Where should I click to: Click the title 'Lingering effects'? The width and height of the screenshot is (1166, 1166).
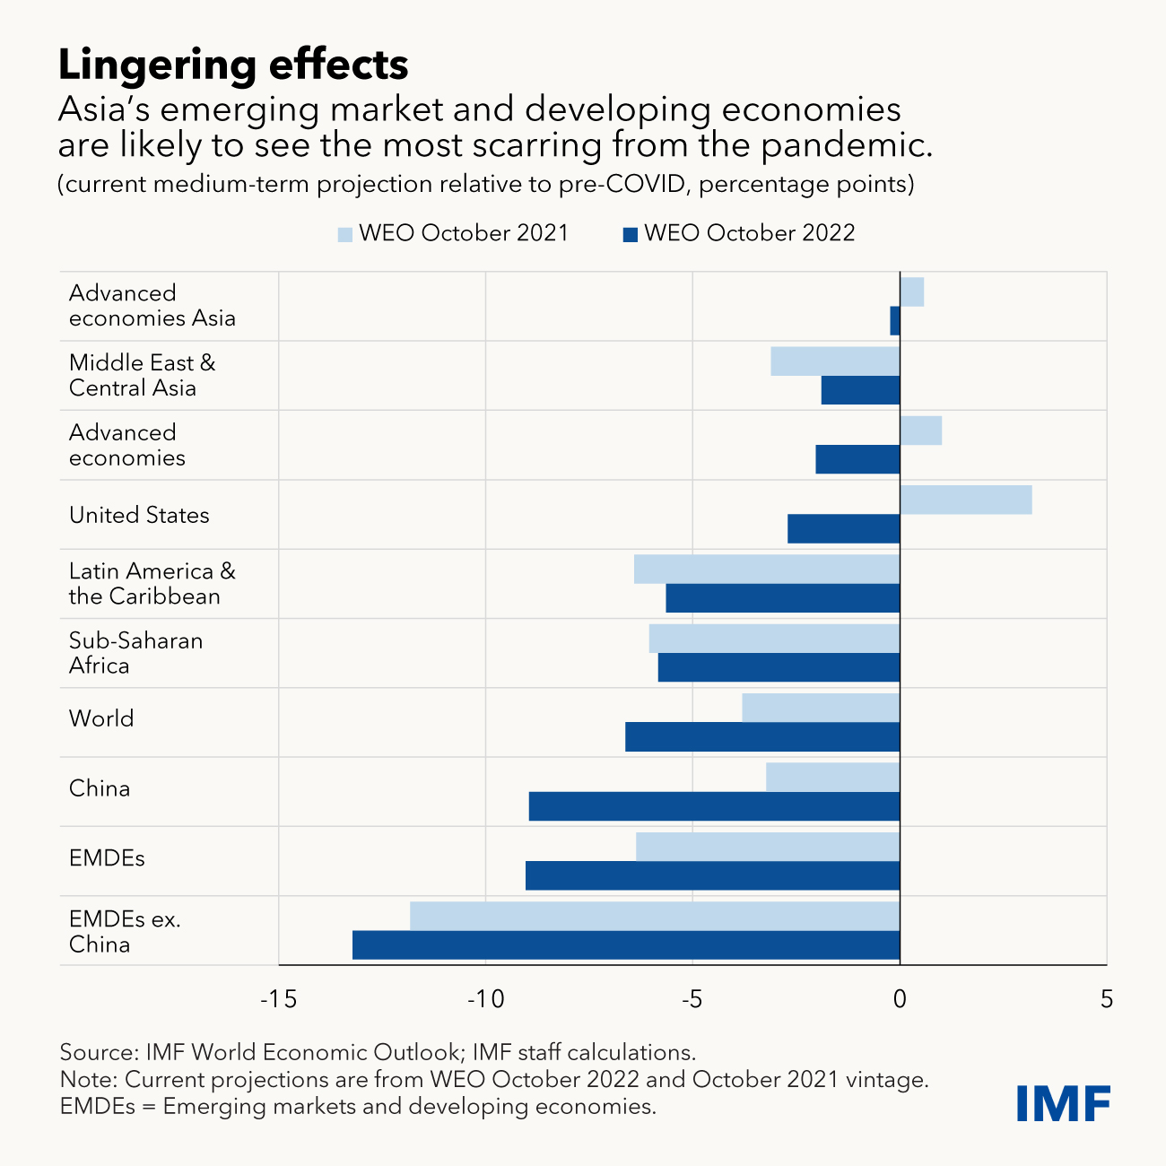233,65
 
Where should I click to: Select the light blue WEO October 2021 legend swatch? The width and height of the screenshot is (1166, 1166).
345,234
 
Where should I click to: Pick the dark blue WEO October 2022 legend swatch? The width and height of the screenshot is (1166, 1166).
631,234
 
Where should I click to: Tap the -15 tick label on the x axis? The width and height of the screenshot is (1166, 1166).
278,999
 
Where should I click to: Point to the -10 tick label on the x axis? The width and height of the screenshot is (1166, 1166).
485,999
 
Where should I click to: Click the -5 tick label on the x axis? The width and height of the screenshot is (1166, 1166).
692,999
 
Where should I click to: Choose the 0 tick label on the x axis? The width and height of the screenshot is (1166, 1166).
900,999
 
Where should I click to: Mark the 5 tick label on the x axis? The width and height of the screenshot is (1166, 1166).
1107,999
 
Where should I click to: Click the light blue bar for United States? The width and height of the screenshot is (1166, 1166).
966,500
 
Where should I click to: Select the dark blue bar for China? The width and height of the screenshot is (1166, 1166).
714,806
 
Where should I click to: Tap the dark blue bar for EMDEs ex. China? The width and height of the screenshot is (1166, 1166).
626,945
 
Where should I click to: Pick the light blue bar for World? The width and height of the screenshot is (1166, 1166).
821,708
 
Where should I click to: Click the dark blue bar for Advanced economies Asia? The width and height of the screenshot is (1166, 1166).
895,320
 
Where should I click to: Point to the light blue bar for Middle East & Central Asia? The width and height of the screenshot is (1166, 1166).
835,361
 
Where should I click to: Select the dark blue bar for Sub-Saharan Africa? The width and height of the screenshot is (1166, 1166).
779,667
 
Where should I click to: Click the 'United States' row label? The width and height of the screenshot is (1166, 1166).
139,515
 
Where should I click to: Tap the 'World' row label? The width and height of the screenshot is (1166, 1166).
101,718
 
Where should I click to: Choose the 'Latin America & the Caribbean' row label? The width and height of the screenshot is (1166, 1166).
152,584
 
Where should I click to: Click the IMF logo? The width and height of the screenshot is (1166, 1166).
1064,1102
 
